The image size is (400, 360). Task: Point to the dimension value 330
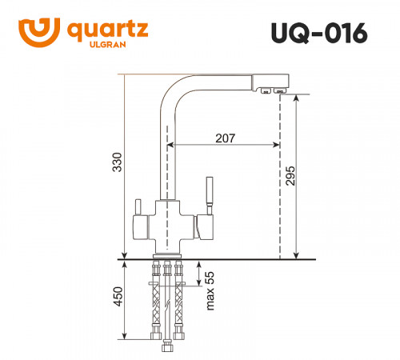(117, 164)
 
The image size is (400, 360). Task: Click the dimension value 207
(225, 138)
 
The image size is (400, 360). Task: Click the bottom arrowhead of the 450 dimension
(126, 337)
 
